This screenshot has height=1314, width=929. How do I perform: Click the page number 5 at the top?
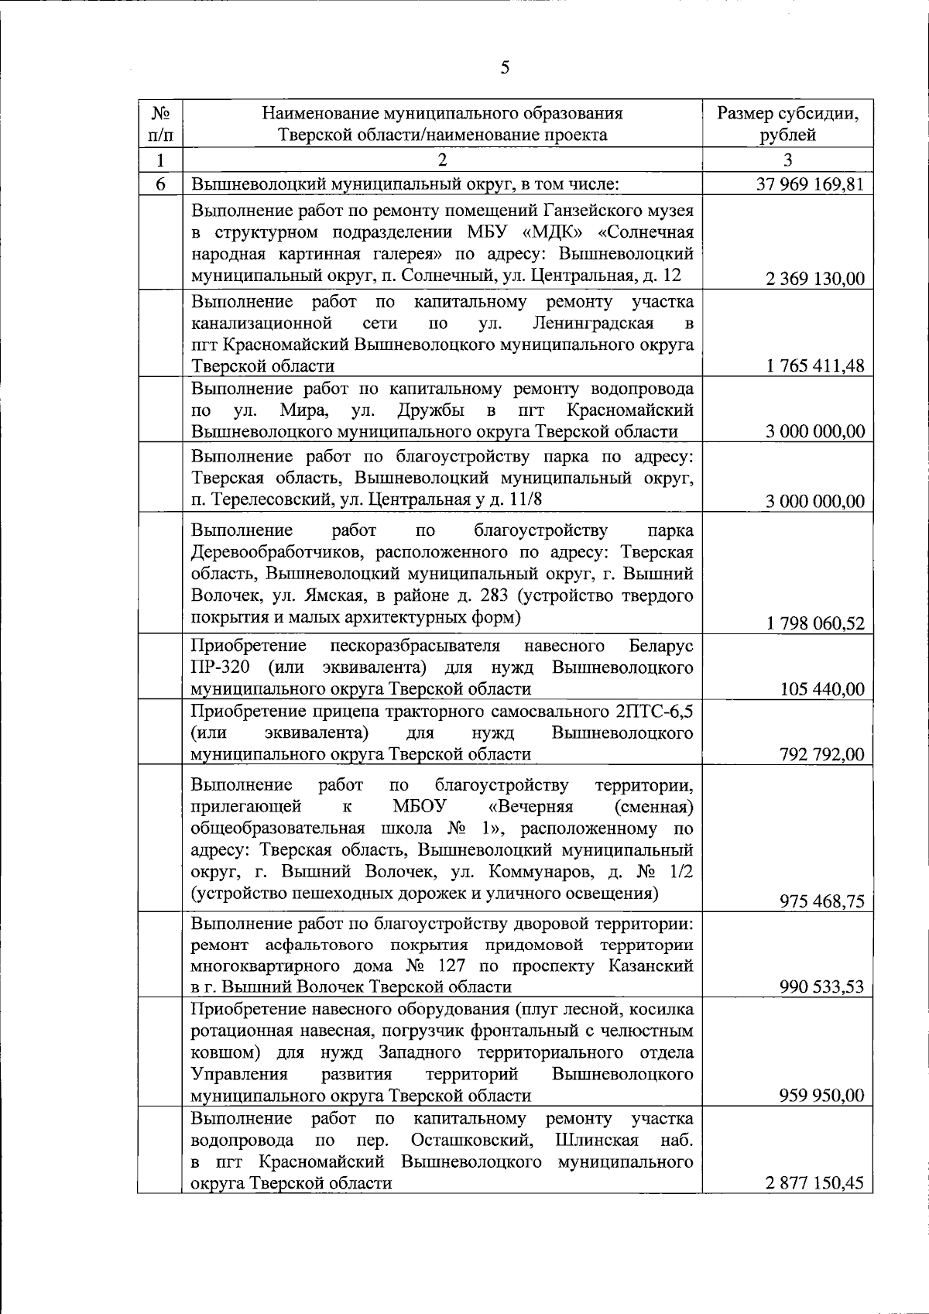(x=505, y=67)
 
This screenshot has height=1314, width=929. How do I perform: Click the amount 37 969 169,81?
(x=809, y=185)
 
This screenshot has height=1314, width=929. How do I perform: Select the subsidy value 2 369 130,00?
(x=814, y=280)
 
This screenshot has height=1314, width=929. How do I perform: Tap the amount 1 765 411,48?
(x=814, y=366)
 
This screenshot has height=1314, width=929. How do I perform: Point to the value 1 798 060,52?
(x=814, y=624)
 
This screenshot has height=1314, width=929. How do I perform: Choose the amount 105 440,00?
(x=822, y=689)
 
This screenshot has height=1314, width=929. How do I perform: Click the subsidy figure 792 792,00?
(x=822, y=754)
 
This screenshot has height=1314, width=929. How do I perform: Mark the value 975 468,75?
(x=822, y=901)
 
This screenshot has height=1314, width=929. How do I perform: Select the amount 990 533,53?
(x=822, y=987)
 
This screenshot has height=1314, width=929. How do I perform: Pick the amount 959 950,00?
(x=822, y=1096)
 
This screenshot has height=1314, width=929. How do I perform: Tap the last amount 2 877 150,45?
(x=814, y=1182)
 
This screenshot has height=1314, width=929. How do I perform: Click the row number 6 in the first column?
(x=160, y=185)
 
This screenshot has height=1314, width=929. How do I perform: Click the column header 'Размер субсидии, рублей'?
(x=787, y=124)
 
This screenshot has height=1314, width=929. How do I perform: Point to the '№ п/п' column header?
(x=160, y=124)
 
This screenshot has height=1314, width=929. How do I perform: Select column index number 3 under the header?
(x=787, y=161)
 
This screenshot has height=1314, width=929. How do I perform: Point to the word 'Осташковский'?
(x=471, y=1140)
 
